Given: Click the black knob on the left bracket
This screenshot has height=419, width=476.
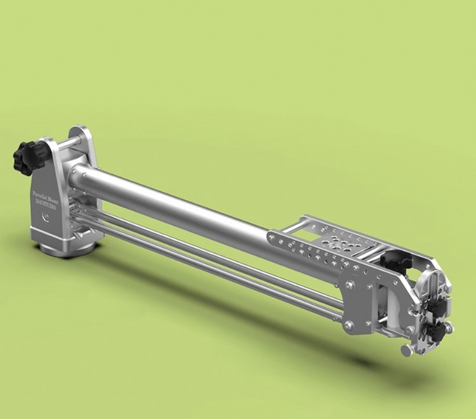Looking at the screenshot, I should click(x=27, y=157).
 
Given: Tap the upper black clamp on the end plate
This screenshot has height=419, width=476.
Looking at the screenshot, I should click(x=438, y=304).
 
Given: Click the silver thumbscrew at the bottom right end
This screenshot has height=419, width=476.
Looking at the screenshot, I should click(x=407, y=350).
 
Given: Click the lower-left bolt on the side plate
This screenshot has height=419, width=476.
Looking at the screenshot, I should click(x=348, y=326).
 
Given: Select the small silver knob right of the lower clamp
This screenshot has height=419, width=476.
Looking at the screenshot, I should click(x=449, y=328).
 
